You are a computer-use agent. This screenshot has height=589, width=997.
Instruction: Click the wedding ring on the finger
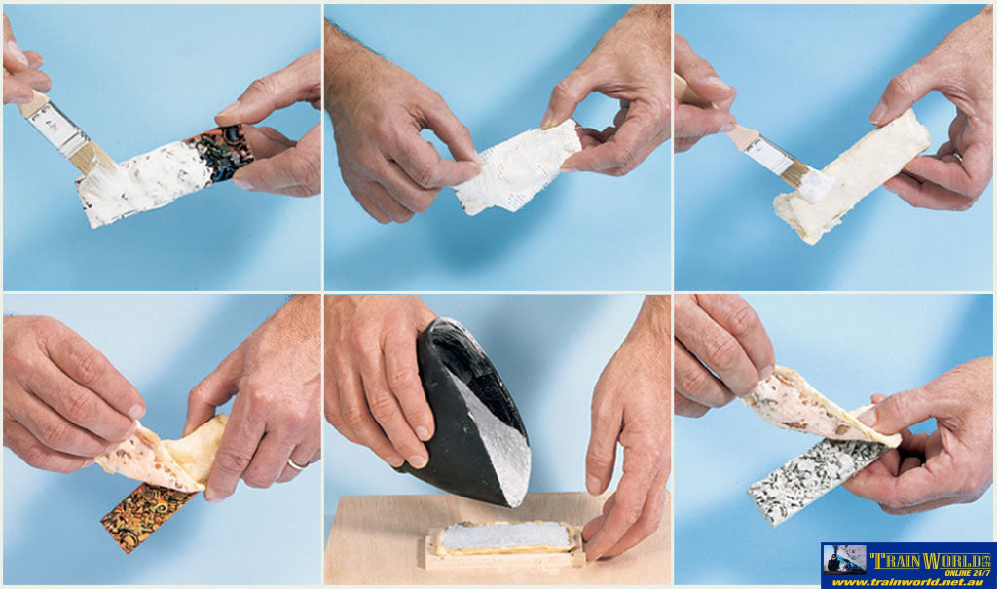click(296, 464)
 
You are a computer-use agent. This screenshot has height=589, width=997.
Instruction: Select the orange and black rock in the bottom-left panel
click(148, 514)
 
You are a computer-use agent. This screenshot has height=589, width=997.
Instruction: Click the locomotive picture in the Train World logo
click(844, 560)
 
